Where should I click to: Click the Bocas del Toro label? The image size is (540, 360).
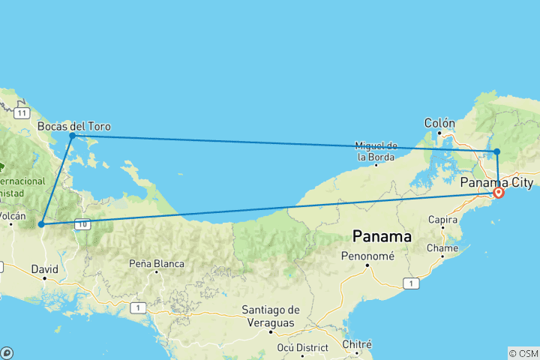[73, 126]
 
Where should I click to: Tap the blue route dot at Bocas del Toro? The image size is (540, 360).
[72, 136]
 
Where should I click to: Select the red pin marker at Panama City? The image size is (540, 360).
[498, 193]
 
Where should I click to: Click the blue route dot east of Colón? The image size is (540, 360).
[497, 151]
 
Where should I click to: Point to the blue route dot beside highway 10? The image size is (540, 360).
[41, 224]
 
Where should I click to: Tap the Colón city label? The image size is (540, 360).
[439, 123]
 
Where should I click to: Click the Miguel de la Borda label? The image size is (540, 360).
[376, 151]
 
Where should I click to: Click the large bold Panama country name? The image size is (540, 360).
[382, 236]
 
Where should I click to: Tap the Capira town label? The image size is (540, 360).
[442, 220]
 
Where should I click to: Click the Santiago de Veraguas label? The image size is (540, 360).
[271, 316]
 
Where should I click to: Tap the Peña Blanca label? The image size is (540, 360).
[156, 263]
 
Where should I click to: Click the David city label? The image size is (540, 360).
[44, 268]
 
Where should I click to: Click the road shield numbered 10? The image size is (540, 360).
[82, 224]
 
